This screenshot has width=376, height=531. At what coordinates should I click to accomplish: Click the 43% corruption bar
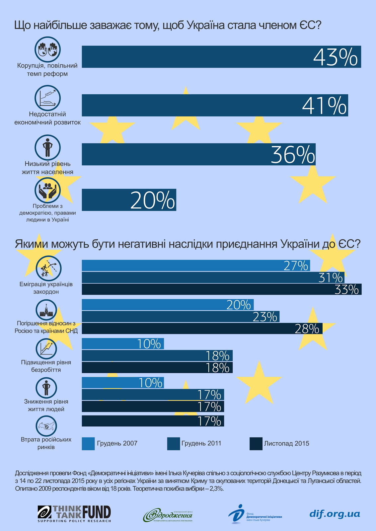point(199,57)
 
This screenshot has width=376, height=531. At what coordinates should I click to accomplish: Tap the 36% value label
point(293,154)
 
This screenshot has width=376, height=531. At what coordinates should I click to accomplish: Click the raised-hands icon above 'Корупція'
point(48,49)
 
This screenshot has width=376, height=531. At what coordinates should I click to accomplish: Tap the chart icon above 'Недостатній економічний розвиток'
point(48,98)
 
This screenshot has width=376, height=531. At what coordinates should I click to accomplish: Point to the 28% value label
point(307,329)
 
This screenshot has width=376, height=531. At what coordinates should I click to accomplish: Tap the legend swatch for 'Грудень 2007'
point(88,444)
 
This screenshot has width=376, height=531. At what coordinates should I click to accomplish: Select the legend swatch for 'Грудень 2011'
point(174,444)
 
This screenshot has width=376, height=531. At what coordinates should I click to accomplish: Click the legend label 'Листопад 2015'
point(286,443)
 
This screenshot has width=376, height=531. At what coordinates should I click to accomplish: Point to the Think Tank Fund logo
point(74,514)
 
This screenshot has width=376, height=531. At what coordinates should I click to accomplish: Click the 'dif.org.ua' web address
point(335,514)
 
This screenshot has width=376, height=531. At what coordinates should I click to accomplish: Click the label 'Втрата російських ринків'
point(46,443)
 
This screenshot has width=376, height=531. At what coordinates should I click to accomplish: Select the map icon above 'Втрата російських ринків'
point(46,426)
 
